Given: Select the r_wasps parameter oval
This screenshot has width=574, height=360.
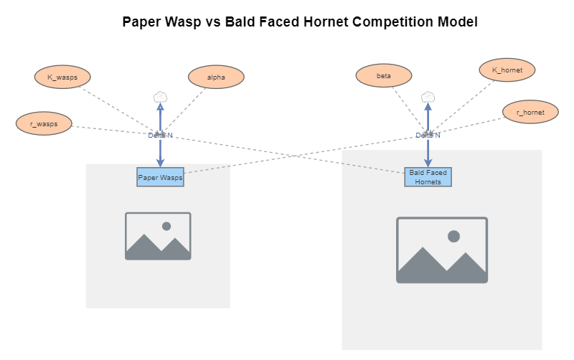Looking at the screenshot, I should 44,123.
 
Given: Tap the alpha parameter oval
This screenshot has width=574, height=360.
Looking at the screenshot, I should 216,77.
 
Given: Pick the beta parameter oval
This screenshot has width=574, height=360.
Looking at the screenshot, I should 384,75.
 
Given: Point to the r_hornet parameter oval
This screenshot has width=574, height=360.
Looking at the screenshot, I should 530,113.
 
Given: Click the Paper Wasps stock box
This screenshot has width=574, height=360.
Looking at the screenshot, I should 161,177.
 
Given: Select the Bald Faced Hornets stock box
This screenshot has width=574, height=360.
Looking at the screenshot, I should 428,177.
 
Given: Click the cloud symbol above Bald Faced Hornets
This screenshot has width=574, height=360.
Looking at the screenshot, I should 428,97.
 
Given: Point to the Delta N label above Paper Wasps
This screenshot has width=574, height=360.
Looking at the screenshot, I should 161,135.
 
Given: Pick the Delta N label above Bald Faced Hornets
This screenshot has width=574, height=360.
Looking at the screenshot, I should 428,135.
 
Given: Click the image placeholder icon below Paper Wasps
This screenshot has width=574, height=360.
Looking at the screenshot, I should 158,236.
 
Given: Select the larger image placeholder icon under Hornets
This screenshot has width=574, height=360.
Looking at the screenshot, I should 442,250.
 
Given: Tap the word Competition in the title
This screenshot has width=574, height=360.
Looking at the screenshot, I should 392,22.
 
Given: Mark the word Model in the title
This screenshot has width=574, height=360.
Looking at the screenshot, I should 457,22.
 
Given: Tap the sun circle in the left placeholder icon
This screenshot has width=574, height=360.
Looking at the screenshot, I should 166,226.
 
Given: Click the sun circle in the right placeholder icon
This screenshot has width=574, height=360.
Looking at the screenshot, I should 453,236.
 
